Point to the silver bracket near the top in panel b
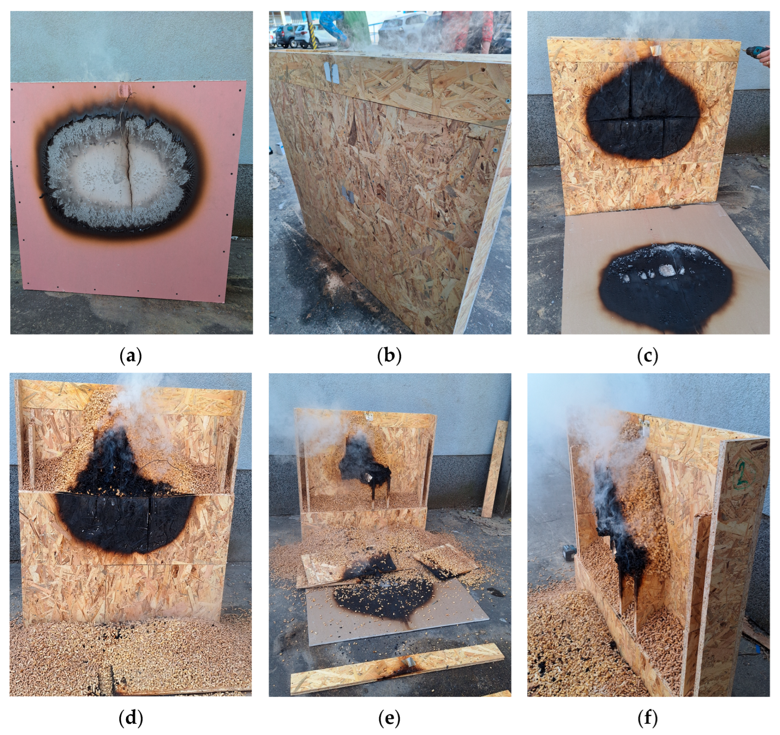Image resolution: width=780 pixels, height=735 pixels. [x=332, y=72]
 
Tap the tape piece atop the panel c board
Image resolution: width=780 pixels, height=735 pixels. [x=655, y=51]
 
